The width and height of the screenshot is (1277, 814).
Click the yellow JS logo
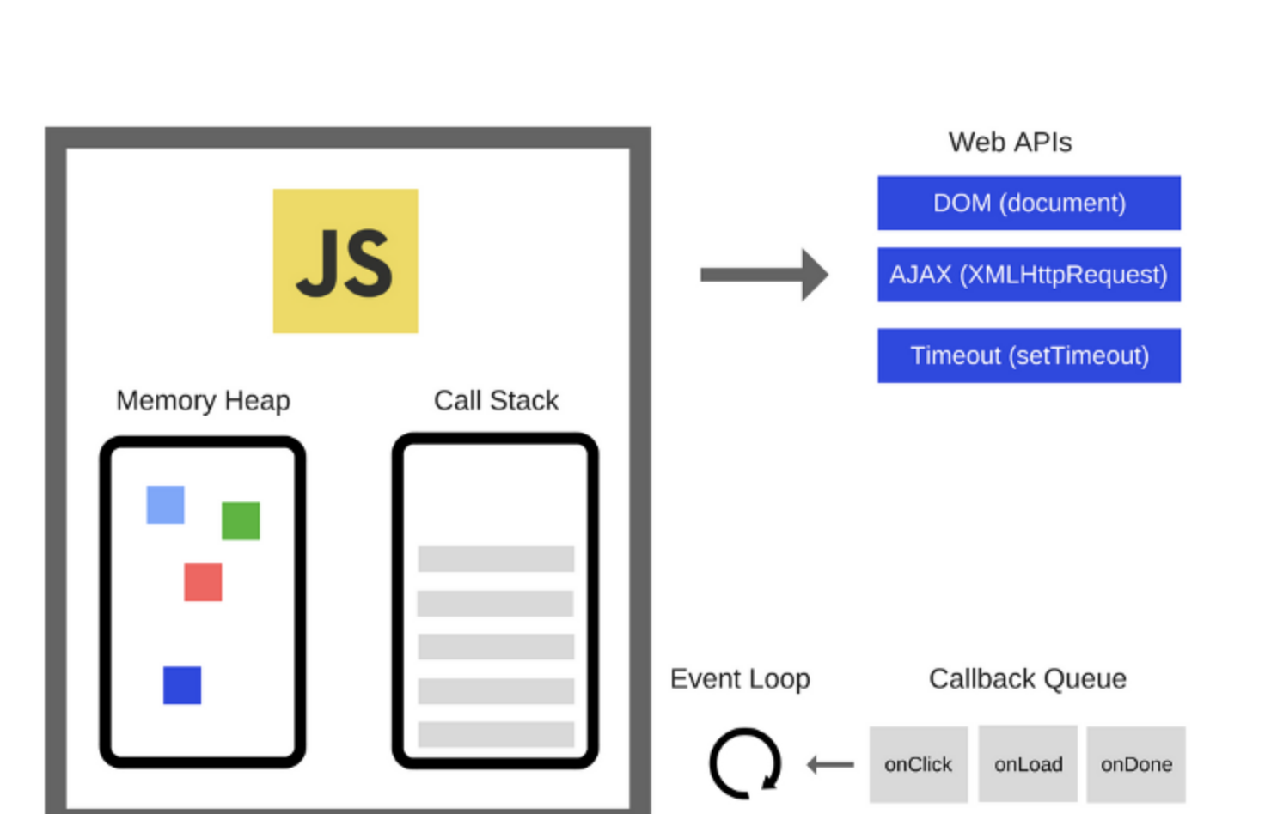345,261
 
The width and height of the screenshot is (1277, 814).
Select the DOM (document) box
1029,203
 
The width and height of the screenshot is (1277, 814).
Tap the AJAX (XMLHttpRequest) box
1029,275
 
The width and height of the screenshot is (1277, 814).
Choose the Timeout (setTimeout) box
1029,355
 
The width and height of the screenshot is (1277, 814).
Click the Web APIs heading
1011,143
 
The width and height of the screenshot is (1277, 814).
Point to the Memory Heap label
204,401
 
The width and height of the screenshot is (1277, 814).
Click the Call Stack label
496,400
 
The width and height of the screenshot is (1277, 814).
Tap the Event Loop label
740,679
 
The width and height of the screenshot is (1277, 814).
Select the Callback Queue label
1028,679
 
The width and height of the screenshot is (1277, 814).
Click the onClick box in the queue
919,764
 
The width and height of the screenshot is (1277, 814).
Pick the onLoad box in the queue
1028,764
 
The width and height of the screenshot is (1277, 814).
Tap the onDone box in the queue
1136,764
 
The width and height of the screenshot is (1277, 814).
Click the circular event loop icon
712,763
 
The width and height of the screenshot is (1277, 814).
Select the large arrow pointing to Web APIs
765,275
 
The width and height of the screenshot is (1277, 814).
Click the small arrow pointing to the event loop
831,764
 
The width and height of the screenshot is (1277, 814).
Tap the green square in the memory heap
241,520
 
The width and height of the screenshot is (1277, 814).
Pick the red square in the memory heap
203,582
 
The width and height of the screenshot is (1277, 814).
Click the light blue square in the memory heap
165,505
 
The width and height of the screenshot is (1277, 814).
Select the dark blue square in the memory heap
182,685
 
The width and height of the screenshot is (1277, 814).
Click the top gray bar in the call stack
496,559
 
